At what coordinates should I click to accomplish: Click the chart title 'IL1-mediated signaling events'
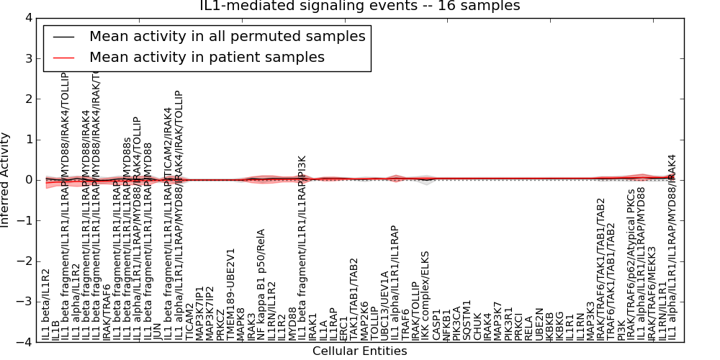click(359, 6)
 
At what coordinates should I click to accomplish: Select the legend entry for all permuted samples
click(227, 36)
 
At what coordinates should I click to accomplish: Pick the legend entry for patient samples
click(207, 57)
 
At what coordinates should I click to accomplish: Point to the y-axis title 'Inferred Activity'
click(6, 180)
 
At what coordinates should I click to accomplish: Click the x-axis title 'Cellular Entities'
click(359, 351)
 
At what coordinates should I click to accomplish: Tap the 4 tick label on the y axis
click(27, 18)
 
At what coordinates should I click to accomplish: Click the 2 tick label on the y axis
click(27, 99)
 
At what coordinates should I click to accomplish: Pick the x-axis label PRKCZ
click(220, 325)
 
